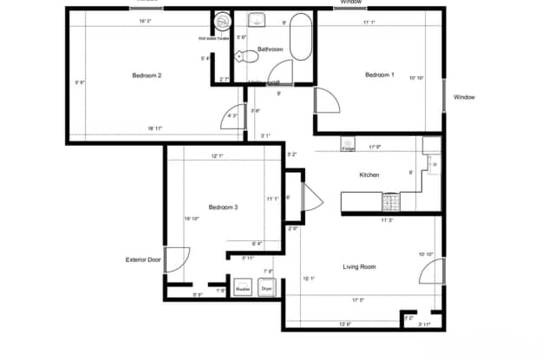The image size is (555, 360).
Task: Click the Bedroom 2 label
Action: click(147, 75)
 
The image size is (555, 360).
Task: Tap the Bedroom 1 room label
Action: click(379, 75)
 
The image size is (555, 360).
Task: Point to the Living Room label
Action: click(359, 266)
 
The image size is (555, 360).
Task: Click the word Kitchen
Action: click(369, 175)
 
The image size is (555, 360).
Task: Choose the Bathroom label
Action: click(270, 49)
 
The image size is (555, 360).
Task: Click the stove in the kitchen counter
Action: click(391, 201)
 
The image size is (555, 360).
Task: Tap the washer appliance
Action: click(244, 287)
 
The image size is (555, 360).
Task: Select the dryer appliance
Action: click(266, 287)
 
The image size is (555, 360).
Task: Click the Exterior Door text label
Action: click(142, 259)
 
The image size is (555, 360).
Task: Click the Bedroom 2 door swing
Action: click(234, 116)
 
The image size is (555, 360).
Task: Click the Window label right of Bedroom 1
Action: click(464, 97)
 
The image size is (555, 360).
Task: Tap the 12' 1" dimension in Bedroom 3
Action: click(217, 156)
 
